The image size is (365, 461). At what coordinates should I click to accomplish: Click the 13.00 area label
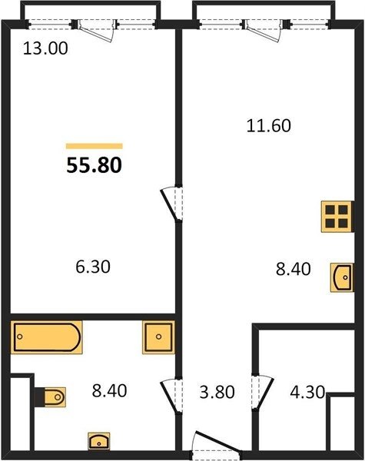(45, 48)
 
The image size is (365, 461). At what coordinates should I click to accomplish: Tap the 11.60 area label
(268, 125)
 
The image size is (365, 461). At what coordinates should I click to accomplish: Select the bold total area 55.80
(94, 165)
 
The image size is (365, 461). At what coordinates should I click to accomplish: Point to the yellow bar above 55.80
(94, 146)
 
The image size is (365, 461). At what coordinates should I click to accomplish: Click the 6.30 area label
(93, 267)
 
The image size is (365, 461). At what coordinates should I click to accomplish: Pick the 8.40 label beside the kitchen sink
(294, 269)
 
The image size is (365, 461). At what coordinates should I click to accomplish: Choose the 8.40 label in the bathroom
(109, 391)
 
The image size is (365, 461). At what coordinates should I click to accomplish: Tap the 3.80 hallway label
(217, 392)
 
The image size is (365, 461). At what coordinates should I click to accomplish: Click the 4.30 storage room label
(307, 392)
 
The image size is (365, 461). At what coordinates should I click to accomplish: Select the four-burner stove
(337, 217)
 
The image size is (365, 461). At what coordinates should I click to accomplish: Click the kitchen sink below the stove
(342, 277)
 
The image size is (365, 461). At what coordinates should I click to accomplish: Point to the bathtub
(46, 337)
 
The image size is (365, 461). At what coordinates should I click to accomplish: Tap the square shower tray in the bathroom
(158, 337)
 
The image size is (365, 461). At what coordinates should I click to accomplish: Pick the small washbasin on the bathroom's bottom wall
(99, 441)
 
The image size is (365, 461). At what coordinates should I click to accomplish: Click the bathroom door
(171, 396)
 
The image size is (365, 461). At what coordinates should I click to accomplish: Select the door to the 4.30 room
(263, 392)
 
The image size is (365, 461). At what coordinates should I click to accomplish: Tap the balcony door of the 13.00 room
(95, 30)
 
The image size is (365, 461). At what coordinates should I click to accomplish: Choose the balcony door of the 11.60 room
(263, 30)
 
